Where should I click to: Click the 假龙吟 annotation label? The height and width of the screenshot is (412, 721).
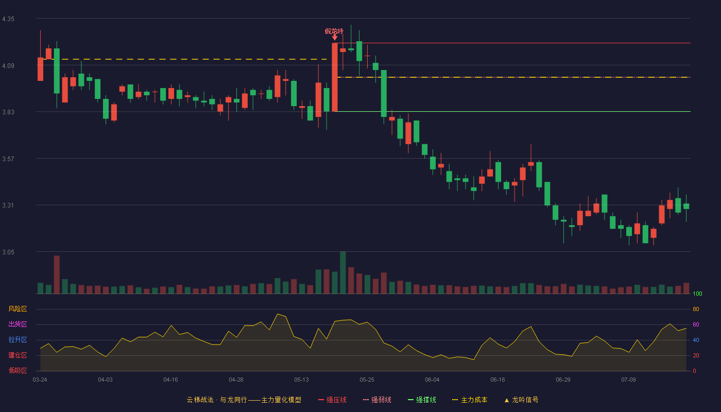pos(334,31)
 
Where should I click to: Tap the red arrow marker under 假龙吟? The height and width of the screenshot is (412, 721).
pos(335,38)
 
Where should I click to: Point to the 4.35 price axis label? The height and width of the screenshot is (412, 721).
pos(8,19)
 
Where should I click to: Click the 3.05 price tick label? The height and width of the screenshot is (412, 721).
pos(8,252)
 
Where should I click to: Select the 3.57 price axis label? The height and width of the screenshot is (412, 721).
pos(8,159)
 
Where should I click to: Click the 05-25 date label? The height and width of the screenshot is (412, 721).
pos(367,380)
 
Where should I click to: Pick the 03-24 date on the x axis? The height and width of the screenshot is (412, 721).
pos(40,380)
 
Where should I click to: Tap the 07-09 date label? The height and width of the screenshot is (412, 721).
pos(629,380)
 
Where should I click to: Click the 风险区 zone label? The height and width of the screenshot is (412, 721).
pos(18,309)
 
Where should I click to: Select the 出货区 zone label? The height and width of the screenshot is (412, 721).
pos(18,324)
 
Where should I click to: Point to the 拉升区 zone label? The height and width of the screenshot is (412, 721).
pos(18,339)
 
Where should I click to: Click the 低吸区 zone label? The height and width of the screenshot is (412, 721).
pos(18,370)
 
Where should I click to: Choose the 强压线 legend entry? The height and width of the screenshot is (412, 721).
pos(332,400)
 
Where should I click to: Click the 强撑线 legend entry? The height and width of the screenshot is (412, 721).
pos(422,400)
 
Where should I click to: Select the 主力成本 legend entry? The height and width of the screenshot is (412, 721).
pos(470,400)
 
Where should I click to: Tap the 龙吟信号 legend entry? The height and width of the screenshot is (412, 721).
pos(521,400)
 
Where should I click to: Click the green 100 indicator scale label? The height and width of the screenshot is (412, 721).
pos(697,294)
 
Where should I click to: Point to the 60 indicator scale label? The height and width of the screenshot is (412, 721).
pos(696,324)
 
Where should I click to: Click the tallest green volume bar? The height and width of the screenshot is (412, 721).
pos(343,272)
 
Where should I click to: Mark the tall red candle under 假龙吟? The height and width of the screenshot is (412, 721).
pos(335,77)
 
